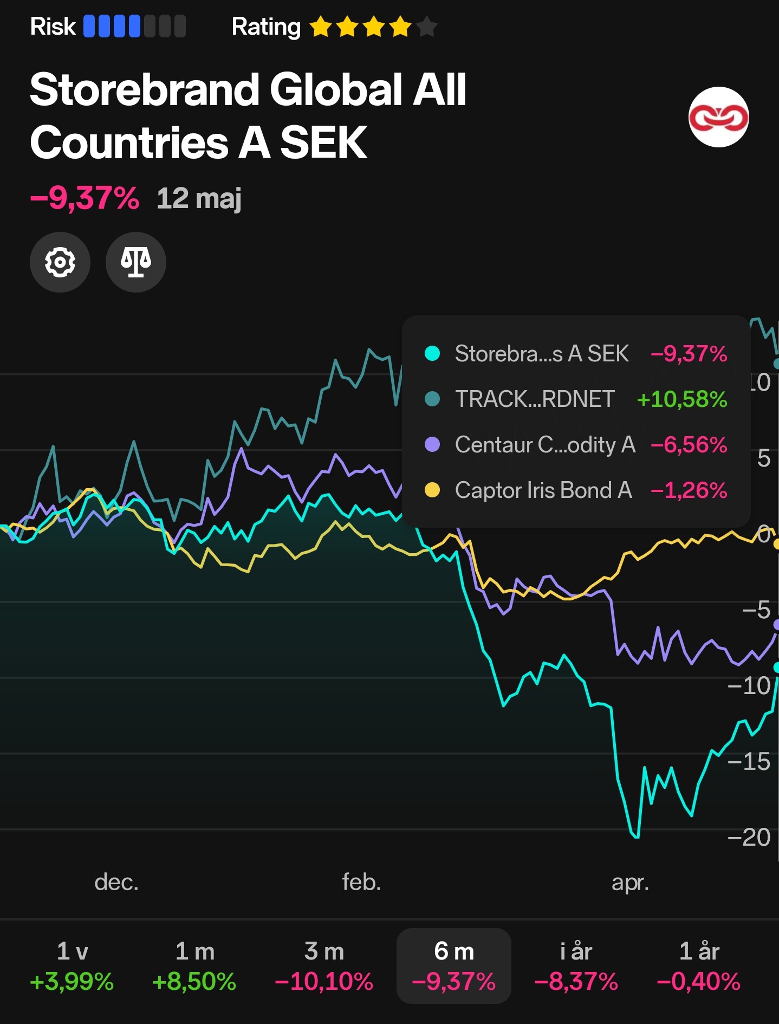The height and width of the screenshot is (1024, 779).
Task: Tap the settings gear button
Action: (x=60, y=262)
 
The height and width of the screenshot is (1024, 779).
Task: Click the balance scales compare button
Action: (x=136, y=262)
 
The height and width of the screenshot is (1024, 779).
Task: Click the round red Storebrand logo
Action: (x=718, y=117)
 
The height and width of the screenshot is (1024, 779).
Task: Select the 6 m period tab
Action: (x=454, y=965)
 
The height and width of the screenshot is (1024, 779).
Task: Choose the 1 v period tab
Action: (x=72, y=965)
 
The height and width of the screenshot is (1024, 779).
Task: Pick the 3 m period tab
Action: (x=324, y=965)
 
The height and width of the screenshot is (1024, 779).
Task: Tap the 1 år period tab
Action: (x=698, y=965)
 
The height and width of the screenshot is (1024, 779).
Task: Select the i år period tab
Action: (x=576, y=965)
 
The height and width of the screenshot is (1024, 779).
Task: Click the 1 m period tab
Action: (x=194, y=965)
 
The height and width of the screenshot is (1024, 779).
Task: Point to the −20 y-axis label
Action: (x=749, y=838)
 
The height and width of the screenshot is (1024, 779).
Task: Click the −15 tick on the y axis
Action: (x=749, y=762)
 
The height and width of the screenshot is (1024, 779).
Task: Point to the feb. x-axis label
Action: (x=361, y=882)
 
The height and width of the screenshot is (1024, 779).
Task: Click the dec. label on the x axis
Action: (x=116, y=882)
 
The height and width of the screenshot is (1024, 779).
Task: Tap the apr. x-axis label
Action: (x=630, y=882)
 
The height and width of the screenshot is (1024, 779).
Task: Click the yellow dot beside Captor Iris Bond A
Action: (x=432, y=490)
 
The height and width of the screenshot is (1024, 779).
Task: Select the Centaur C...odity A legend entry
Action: (x=545, y=445)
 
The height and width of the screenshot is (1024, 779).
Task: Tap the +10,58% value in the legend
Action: (x=682, y=399)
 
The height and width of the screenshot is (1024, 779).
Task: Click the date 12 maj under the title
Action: (x=199, y=198)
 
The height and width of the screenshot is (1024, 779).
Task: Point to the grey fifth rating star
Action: (x=427, y=27)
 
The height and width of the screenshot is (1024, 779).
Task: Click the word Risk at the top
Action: (x=53, y=27)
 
